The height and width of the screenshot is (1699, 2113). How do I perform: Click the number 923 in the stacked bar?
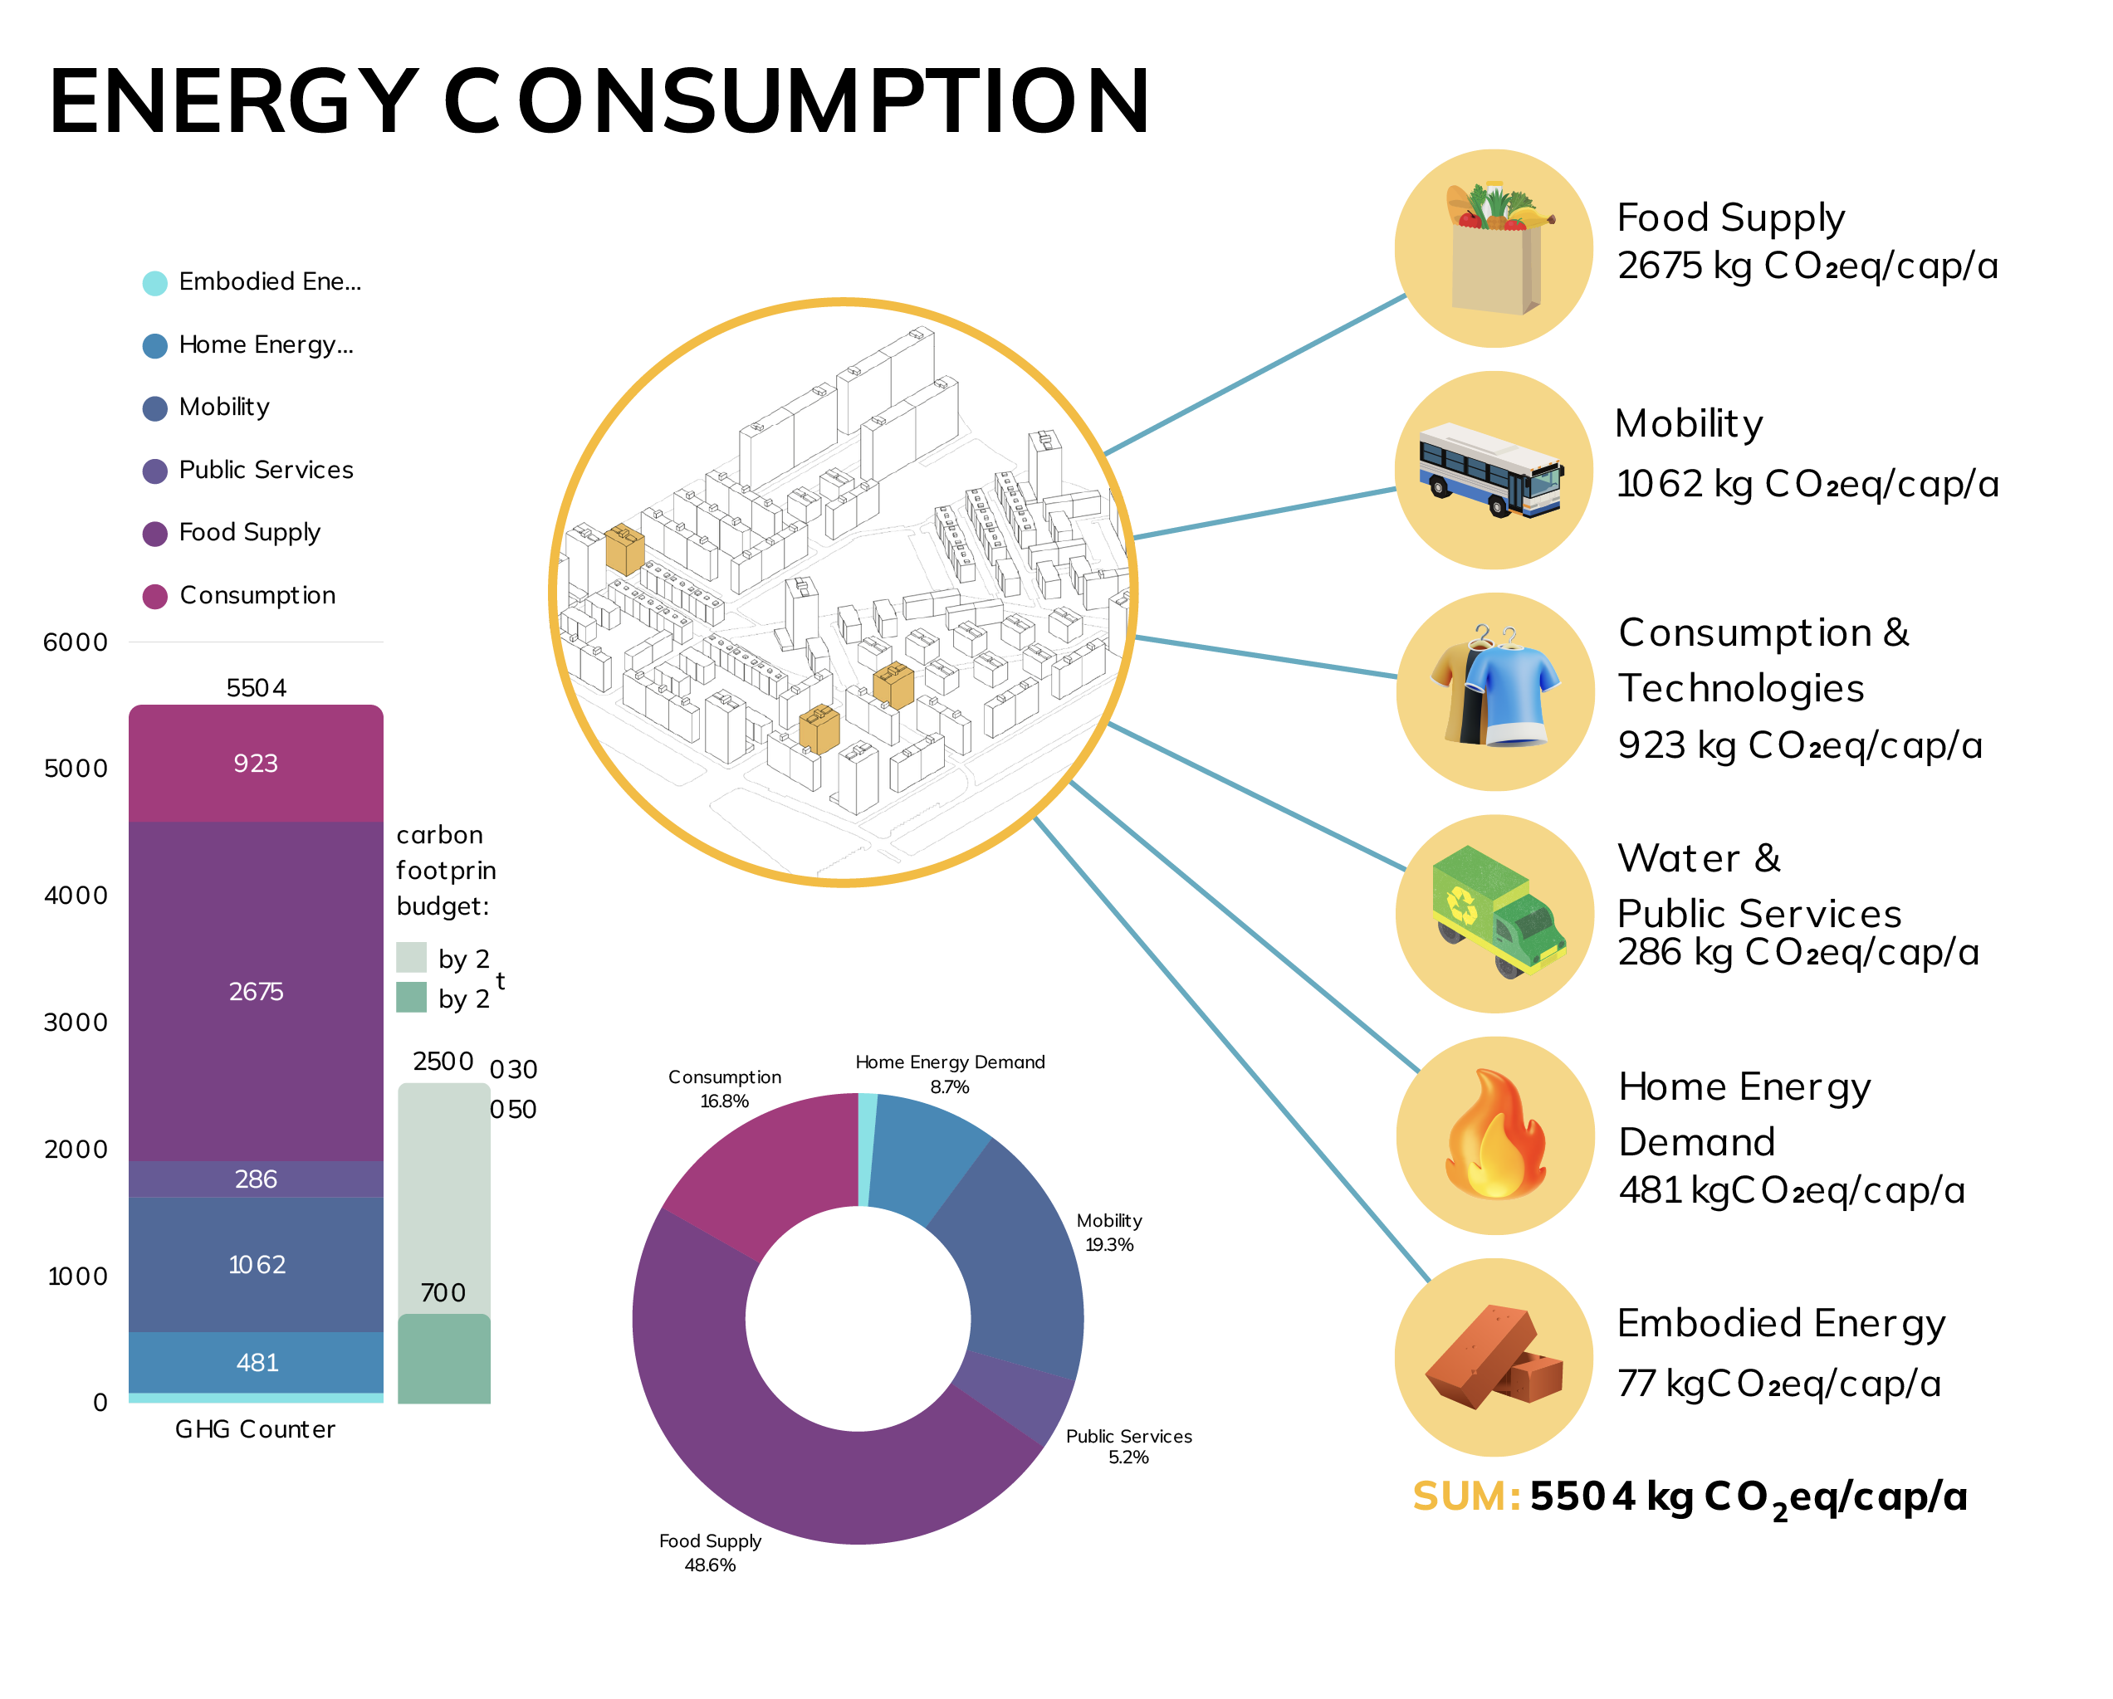click(256, 764)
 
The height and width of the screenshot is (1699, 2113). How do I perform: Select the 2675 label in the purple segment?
click(256, 992)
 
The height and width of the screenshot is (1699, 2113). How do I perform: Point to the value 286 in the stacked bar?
click(256, 1179)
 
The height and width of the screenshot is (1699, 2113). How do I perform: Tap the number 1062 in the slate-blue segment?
click(257, 1265)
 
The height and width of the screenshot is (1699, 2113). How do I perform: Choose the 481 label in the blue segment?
click(257, 1362)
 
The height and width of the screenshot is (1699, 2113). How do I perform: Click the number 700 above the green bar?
click(443, 1292)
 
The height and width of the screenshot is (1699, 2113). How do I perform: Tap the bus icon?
click(1490, 471)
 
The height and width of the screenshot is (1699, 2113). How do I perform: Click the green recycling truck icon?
click(1498, 911)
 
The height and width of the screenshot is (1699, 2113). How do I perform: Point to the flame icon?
click(1494, 1136)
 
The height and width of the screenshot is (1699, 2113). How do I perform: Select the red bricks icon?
click(1493, 1357)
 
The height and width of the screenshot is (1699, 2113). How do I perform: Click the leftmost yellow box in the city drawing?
click(624, 548)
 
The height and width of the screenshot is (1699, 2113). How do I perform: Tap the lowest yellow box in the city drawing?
click(819, 729)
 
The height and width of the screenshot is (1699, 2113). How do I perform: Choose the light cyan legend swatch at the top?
click(162, 302)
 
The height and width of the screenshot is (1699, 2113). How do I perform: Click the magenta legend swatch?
click(162, 613)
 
